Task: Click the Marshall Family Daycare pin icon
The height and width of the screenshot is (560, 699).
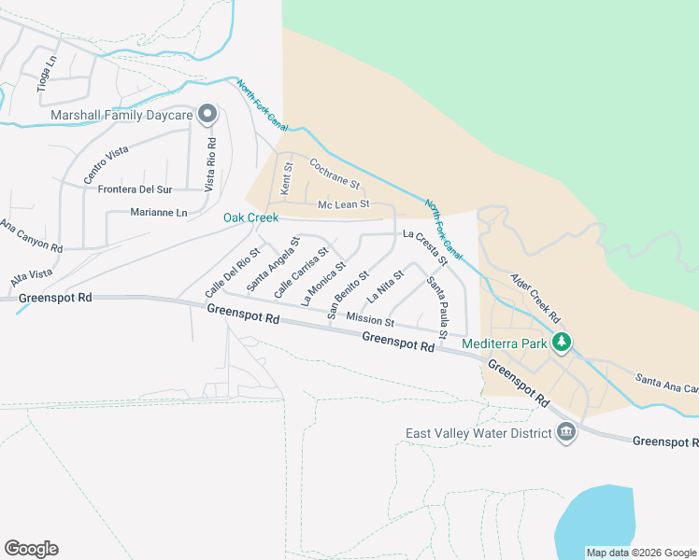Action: tap(208, 115)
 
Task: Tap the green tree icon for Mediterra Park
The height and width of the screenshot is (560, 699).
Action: tap(561, 343)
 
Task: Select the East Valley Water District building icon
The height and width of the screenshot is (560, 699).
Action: tap(565, 432)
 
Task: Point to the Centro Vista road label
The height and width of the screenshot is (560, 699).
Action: tap(105, 164)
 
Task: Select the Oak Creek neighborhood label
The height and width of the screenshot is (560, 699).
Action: tap(250, 217)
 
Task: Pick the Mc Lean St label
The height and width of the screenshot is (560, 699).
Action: tap(344, 203)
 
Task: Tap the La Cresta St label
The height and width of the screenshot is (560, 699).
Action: tap(420, 246)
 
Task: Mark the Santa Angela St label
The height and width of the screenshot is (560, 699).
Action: tap(273, 263)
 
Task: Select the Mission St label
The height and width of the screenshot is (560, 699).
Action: tap(370, 320)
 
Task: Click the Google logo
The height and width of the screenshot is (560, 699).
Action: tap(32, 548)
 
